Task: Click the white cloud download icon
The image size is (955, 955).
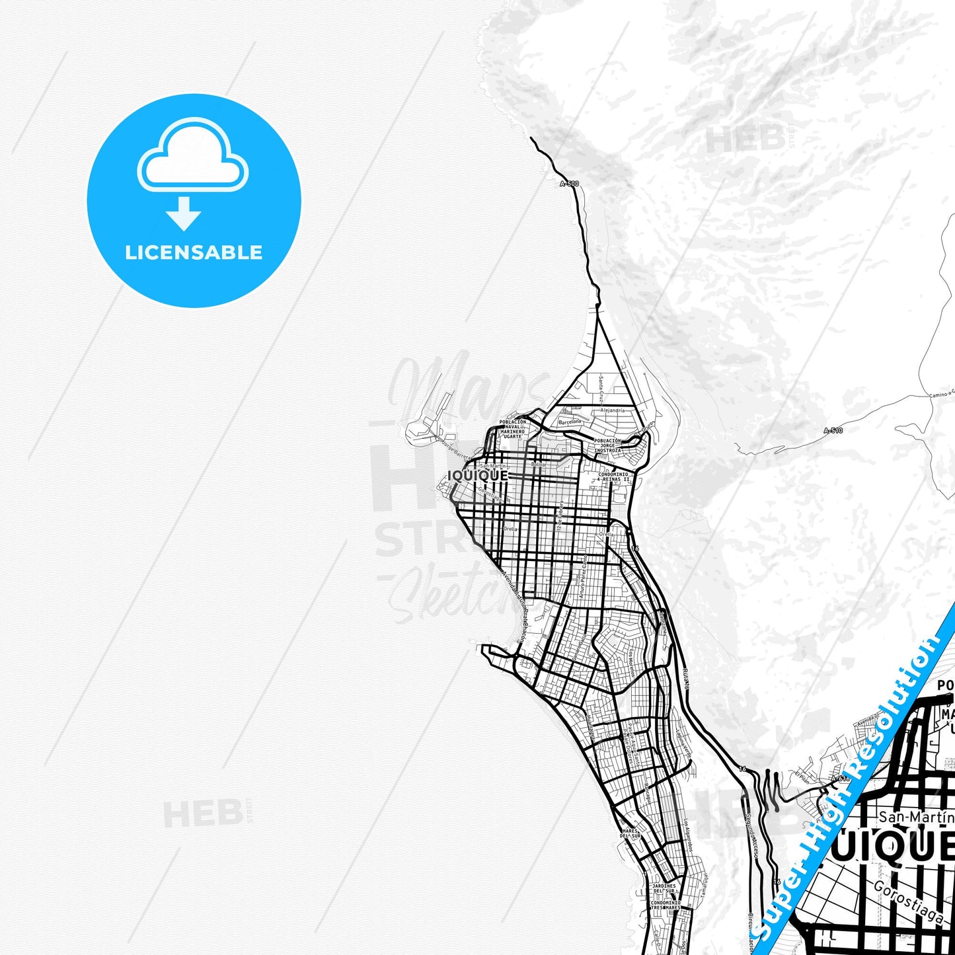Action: pyautogui.click(x=192, y=159)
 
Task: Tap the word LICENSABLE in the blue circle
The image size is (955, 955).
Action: pyautogui.click(x=194, y=252)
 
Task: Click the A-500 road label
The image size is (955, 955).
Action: pyautogui.click(x=569, y=184)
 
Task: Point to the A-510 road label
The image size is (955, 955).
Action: pyautogui.click(x=833, y=431)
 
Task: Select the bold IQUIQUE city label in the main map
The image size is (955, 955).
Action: pyautogui.click(x=478, y=476)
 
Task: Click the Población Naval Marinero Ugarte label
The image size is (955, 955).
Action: pyautogui.click(x=513, y=429)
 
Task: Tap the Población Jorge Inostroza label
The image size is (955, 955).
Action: pyautogui.click(x=607, y=445)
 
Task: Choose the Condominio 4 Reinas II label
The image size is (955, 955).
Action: pyautogui.click(x=613, y=477)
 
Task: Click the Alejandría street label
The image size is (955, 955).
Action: pyautogui.click(x=612, y=410)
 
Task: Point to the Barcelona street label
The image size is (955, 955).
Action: pyautogui.click(x=570, y=422)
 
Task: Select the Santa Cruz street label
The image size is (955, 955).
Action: pyautogui.click(x=601, y=389)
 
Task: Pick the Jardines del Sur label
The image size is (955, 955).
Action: pyautogui.click(x=664, y=888)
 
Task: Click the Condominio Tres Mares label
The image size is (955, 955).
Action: pyautogui.click(x=665, y=905)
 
